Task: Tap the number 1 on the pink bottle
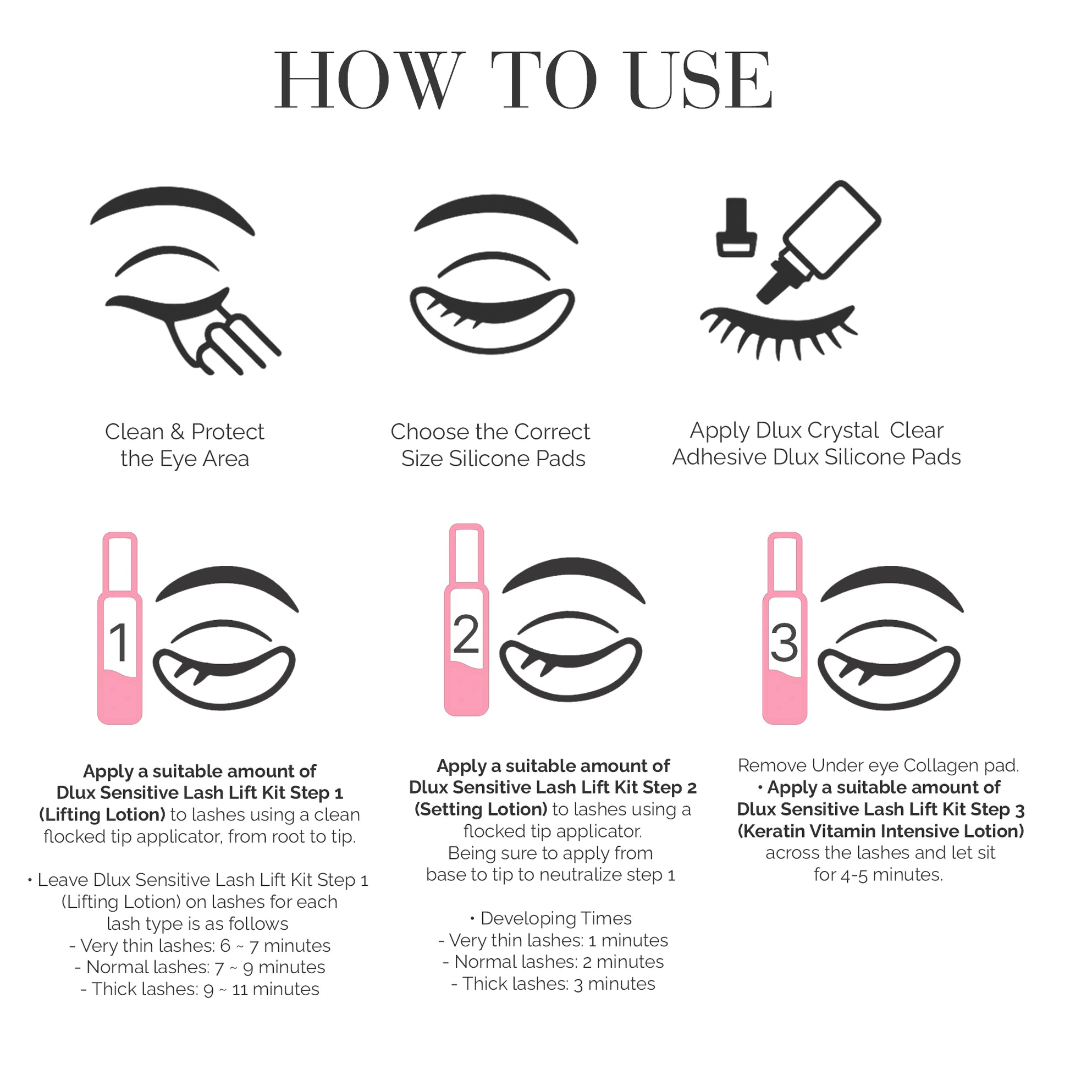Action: coord(119,642)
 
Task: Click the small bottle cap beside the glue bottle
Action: coord(737,228)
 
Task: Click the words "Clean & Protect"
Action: coord(184,432)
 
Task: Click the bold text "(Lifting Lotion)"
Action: coord(102,815)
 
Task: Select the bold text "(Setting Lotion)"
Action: coord(481,809)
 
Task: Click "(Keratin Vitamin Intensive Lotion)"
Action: coord(881,831)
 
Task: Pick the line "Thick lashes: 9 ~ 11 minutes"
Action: coord(200,989)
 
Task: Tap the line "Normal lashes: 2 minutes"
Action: coord(553,962)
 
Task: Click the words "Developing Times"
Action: coord(556,919)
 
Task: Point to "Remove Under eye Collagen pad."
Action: coord(878,766)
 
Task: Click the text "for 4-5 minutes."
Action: coord(878,875)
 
